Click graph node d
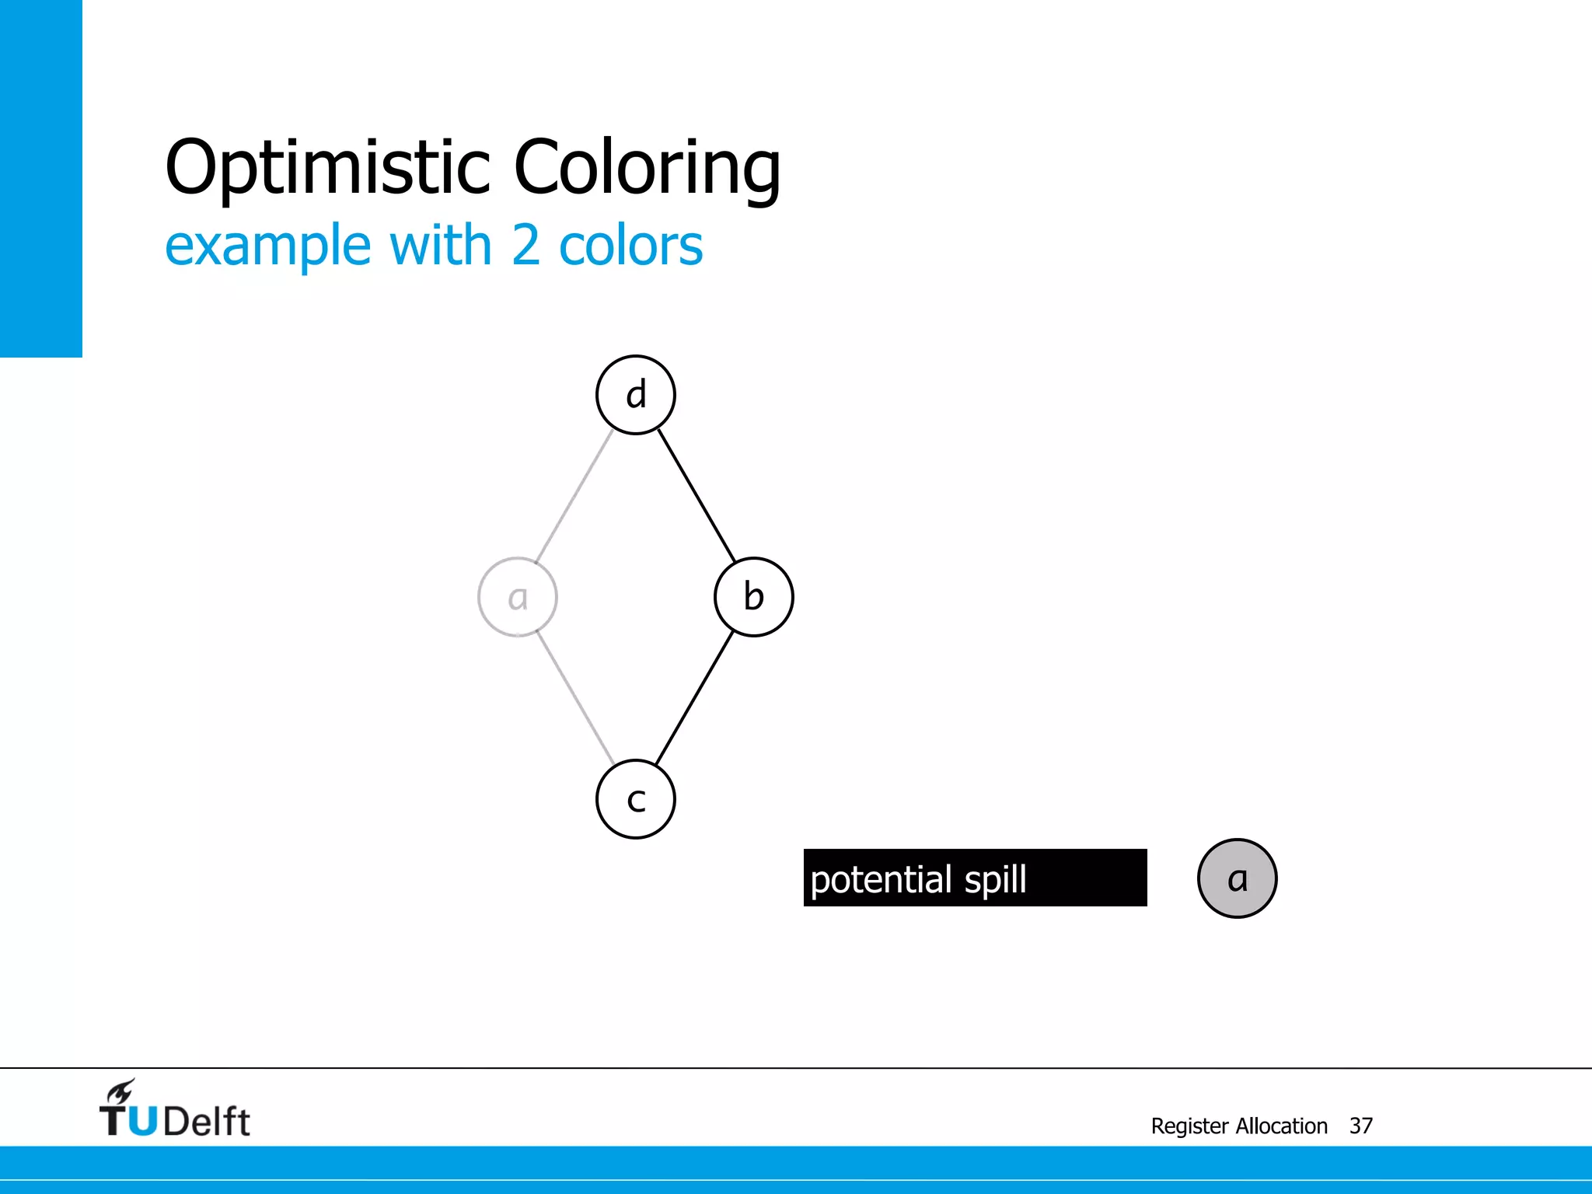tap(636, 395)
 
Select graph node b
tap(753, 597)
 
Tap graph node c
tap(636, 799)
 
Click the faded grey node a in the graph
tap(518, 597)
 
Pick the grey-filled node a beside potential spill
tap(1237, 878)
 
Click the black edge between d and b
tap(696, 496)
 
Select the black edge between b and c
tap(694, 698)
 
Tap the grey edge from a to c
tap(575, 698)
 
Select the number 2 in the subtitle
tap(525, 246)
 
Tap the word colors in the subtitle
tap(630, 246)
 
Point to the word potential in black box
tap(881, 880)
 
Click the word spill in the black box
tap(995, 880)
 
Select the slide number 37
tap(1360, 1126)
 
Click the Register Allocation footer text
tap(1239, 1126)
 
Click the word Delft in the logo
tap(207, 1122)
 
